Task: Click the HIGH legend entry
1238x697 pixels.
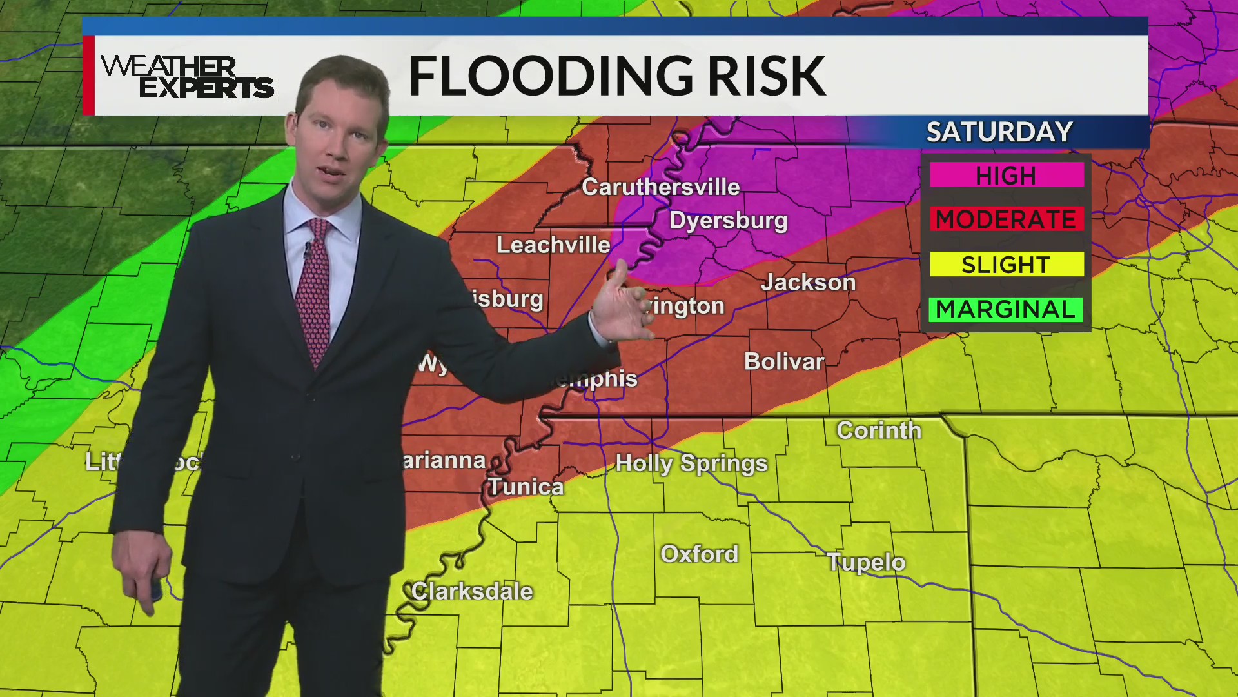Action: coord(1006,175)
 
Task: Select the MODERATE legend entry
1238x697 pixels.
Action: coord(1006,219)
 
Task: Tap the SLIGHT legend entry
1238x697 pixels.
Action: coord(1006,265)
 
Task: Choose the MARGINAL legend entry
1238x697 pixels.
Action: coord(1006,309)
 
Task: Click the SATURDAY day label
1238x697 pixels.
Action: coord(999,132)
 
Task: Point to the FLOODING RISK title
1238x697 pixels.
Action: coord(617,76)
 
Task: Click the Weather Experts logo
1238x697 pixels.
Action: coord(187,76)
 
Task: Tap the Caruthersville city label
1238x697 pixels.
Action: coord(660,187)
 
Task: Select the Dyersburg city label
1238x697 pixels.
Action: coord(729,221)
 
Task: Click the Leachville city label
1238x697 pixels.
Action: coord(553,245)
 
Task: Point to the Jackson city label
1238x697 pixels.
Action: coord(809,283)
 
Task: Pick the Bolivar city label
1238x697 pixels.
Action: coord(784,361)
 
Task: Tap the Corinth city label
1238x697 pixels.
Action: coord(879,430)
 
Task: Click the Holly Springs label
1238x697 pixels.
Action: coord(691,463)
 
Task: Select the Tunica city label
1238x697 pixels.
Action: coord(526,487)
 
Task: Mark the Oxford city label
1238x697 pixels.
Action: coord(700,554)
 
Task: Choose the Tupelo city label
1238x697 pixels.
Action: coord(866,562)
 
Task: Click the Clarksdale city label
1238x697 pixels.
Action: coord(472,591)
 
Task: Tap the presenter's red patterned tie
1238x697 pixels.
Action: coord(314,290)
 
